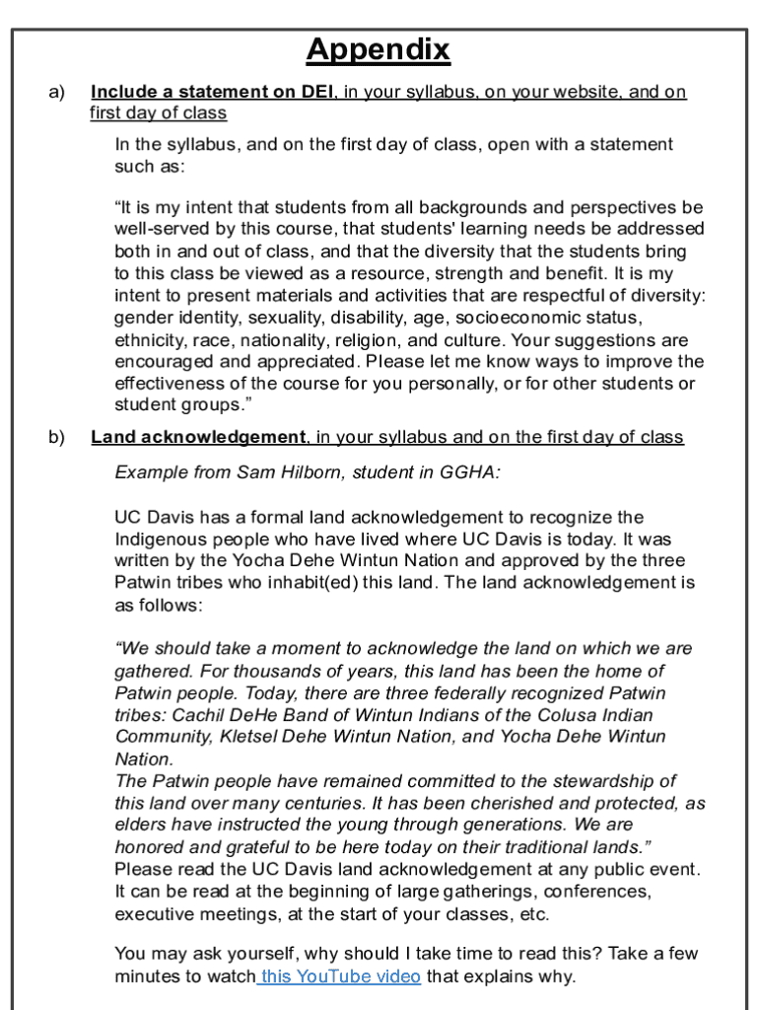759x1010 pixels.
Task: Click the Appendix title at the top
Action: (x=378, y=49)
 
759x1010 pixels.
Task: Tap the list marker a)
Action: (x=57, y=92)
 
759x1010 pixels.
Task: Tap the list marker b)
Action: (x=57, y=437)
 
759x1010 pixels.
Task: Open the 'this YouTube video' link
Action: (x=340, y=976)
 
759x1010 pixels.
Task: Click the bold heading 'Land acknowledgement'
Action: (x=198, y=437)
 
